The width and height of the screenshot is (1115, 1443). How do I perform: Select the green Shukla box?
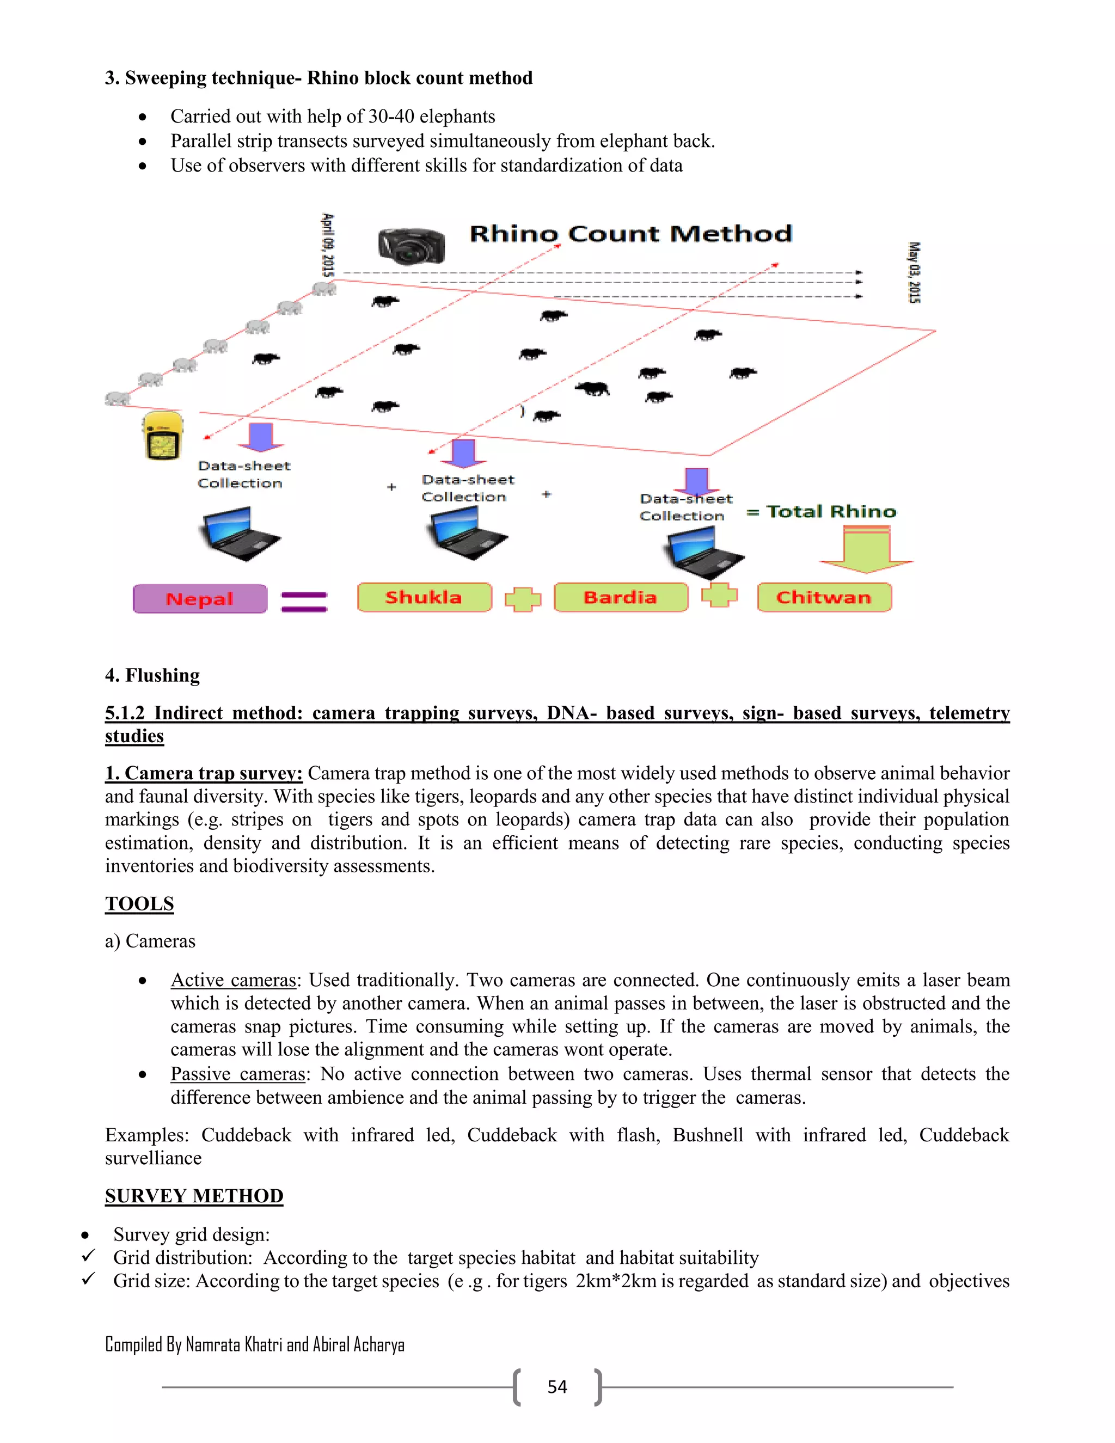coord(424,597)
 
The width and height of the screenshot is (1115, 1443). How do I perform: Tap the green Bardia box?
coord(620,597)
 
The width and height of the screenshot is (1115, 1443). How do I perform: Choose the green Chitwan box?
coord(824,597)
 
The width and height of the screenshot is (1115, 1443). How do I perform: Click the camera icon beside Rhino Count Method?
coord(411,246)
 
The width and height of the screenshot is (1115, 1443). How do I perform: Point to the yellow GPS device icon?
coord(162,436)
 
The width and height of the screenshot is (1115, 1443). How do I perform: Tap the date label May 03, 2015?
coord(914,272)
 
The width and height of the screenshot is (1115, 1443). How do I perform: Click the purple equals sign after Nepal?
coord(304,601)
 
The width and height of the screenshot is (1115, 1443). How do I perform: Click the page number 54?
coord(557,1387)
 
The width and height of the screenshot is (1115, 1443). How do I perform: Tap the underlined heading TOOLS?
coord(139,903)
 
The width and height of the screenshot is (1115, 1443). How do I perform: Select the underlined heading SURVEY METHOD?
coord(194,1196)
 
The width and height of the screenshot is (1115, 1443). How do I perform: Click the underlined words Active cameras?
coord(233,980)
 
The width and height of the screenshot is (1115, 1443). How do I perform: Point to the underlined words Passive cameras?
coord(238,1074)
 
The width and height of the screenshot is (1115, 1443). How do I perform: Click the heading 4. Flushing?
coord(152,675)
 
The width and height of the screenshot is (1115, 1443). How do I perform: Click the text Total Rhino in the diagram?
coord(831,511)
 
